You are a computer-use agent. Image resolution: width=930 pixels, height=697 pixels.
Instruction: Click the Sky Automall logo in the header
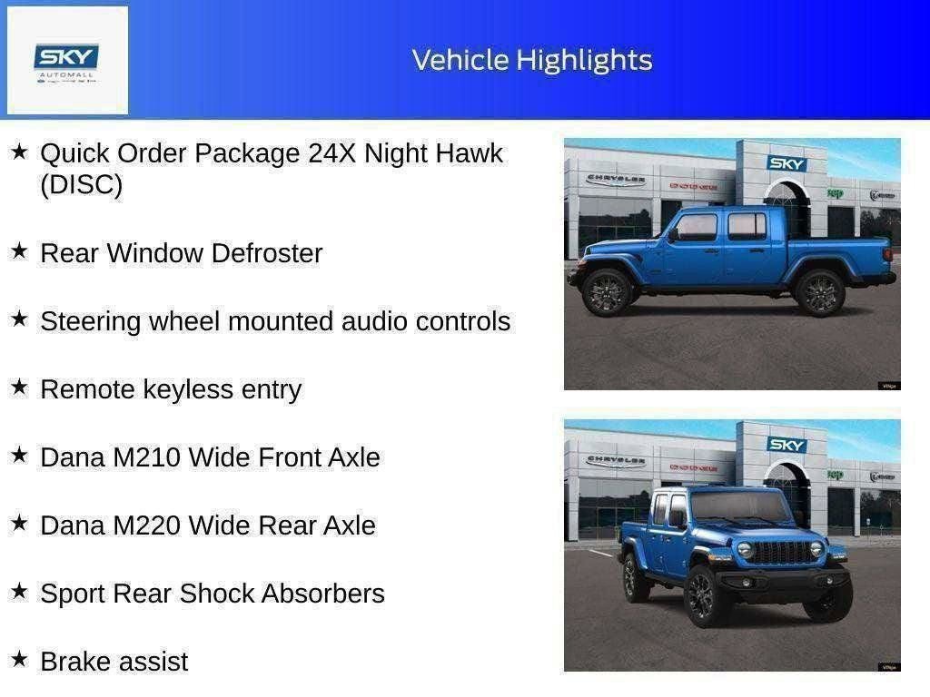[x=67, y=60]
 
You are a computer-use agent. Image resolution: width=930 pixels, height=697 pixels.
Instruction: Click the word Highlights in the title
[x=584, y=60]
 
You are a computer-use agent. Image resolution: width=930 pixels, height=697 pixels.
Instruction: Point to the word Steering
[x=91, y=321]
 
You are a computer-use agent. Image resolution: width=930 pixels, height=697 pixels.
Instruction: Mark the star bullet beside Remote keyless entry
[x=19, y=388]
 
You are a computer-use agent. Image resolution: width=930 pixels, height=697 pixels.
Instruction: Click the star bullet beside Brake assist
[x=19, y=660]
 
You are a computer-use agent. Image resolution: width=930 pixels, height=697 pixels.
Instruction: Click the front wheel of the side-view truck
[x=607, y=291]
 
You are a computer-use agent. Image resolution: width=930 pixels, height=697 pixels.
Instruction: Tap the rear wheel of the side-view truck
[x=819, y=291]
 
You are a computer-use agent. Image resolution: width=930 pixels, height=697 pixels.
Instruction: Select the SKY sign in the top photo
[x=787, y=163]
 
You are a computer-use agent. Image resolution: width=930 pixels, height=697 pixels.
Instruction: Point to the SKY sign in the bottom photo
[x=787, y=445]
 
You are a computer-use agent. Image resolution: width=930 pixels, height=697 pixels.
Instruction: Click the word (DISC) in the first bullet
[x=81, y=185]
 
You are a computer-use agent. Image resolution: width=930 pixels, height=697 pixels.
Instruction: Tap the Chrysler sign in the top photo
[x=616, y=179]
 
